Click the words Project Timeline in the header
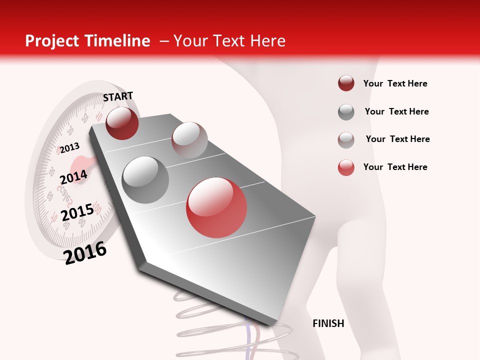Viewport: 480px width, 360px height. click(87, 41)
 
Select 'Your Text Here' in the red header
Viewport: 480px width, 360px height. click(229, 41)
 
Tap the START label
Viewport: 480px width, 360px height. click(118, 96)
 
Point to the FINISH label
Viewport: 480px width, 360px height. click(328, 323)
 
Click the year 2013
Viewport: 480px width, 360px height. click(69, 147)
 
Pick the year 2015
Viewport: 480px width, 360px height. click(77, 212)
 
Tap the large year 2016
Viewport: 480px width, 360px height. click(85, 252)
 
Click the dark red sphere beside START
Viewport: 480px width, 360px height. click(122, 123)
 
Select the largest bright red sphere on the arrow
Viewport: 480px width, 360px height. click(216, 207)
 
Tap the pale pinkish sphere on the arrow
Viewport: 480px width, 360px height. click(189, 140)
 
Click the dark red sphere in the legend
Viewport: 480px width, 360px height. click(346, 83)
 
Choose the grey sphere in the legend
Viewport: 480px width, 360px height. click(346, 112)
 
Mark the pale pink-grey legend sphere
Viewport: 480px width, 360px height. click(346, 139)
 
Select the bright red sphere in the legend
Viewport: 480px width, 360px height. click(346, 167)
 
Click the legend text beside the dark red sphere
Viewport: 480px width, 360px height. click(395, 83)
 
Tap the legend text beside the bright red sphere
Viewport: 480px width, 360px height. click(395, 167)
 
